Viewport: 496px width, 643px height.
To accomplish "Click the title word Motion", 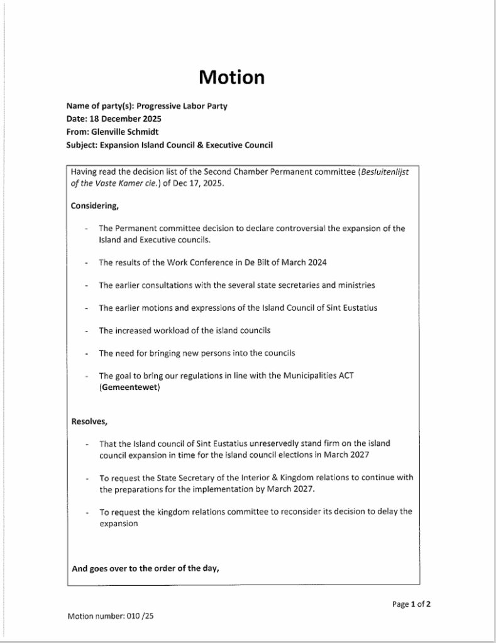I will click(x=232, y=77).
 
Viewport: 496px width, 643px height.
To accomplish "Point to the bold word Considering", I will click(x=94, y=205).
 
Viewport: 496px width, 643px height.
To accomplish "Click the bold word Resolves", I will click(x=90, y=421).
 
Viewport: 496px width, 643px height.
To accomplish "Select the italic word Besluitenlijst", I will click(x=384, y=171).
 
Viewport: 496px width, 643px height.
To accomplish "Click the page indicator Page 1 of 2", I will click(x=411, y=605).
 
